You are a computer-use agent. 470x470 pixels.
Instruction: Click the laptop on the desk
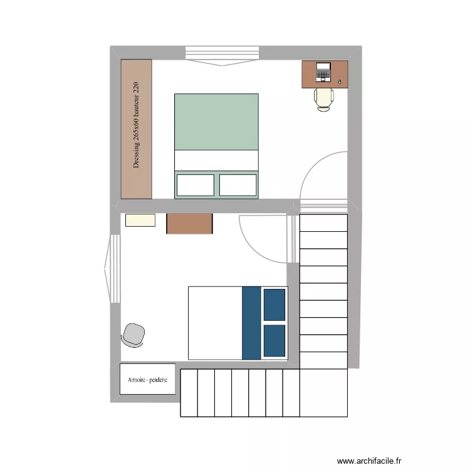pos(323,72)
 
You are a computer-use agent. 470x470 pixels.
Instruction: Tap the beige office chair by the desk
pos(324,98)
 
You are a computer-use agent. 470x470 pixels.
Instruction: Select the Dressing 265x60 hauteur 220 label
pos(136,125)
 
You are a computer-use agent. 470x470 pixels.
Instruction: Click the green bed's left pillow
pos(195,185)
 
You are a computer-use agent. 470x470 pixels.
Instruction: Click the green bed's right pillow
pos(238,185)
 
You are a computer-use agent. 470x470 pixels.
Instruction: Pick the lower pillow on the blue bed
pos(274,341)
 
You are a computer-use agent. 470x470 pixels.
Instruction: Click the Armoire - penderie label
pos(147,380)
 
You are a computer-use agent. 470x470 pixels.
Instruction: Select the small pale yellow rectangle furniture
pos(140,220)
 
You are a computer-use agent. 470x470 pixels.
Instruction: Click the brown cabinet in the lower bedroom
pos(189,224)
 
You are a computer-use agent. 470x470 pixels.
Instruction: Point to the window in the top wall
pos(222,55)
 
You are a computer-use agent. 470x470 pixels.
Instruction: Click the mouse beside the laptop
pos(340,81)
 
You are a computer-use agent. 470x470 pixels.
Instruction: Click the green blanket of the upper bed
pos(216,122)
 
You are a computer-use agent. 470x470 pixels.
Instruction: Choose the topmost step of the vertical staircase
pos(323,223)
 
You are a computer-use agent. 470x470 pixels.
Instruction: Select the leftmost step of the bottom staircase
pos(189,393)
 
